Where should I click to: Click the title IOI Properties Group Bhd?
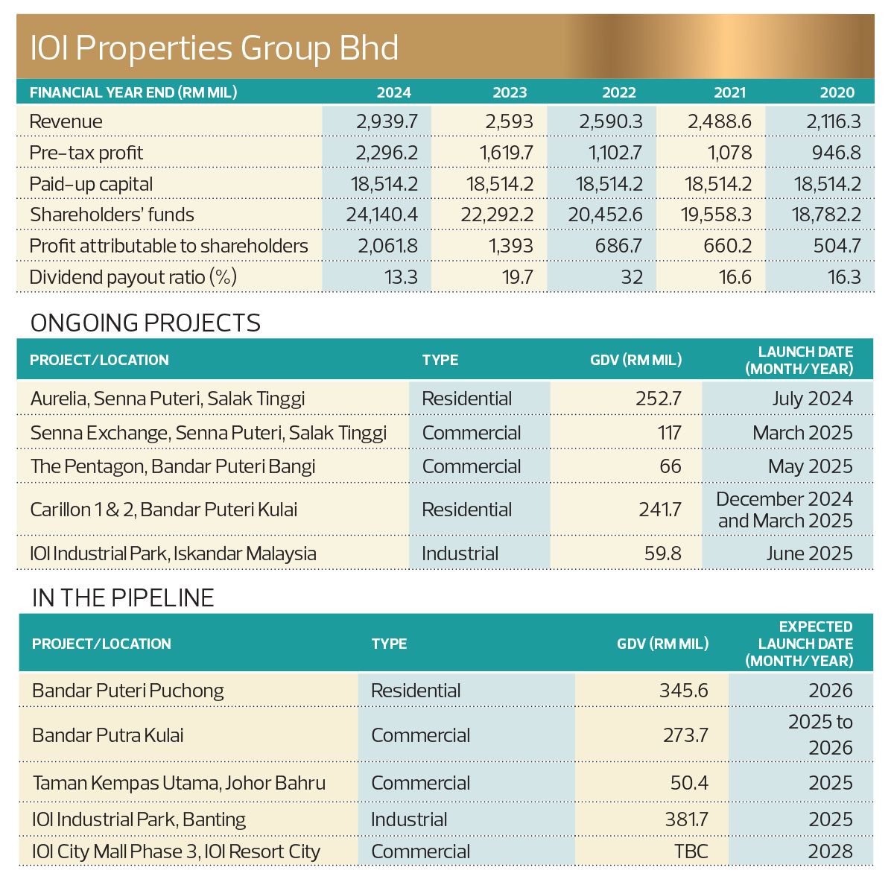215,48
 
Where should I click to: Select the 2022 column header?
619,92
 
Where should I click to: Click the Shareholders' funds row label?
112,215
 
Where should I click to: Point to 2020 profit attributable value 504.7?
837,246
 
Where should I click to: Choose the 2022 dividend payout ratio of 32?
631,277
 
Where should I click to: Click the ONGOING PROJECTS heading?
145,323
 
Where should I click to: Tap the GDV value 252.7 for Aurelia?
659,399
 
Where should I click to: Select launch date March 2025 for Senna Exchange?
802,433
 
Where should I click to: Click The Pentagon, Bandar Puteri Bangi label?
173,466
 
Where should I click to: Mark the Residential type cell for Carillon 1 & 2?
466,510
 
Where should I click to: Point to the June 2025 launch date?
809,553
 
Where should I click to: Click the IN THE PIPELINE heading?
123,597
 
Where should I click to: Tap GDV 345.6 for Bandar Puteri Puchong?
683,691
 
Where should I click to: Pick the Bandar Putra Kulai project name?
108,735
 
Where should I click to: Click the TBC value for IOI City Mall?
691,851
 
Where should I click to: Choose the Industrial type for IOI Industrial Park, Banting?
409,819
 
